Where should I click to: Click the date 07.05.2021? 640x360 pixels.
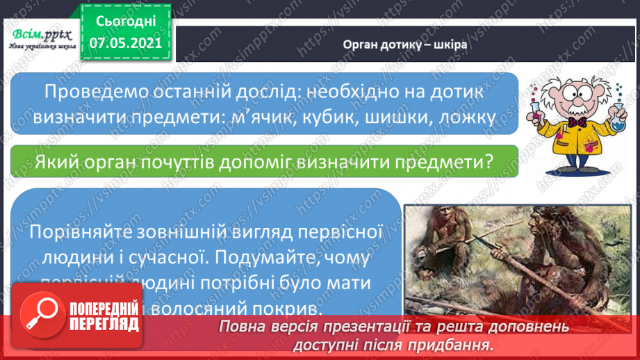[126, 43]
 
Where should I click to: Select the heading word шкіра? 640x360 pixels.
[452, 44]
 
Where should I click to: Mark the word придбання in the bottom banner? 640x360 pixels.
[459, 343]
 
